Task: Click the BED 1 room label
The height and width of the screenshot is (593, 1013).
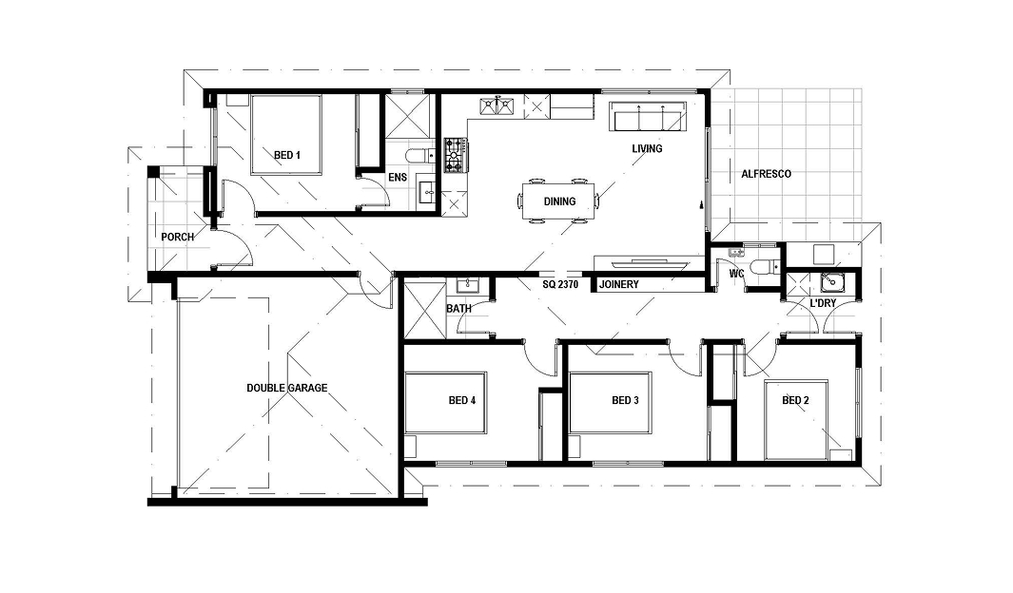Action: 287,155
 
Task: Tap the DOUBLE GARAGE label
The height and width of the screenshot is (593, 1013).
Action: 287,388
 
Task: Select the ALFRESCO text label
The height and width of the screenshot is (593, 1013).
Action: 766,174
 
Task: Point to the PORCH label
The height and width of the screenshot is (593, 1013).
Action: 178,237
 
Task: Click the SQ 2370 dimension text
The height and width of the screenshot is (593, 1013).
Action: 560,284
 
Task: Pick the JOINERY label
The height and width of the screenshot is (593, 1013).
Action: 619,284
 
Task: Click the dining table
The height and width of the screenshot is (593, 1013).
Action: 559,201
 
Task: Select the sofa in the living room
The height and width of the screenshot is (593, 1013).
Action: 649,116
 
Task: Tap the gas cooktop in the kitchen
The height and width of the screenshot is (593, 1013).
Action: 456,156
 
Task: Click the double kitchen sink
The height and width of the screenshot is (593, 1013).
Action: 497,105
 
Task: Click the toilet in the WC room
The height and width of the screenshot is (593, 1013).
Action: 765,266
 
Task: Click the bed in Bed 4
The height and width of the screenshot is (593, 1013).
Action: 445,402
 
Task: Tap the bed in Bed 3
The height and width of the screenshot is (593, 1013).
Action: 610,402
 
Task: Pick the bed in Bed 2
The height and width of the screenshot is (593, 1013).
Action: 796,419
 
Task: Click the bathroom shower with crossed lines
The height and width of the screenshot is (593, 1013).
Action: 424,309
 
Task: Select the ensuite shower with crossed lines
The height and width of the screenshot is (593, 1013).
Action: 408,116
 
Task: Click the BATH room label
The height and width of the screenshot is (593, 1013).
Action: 458,309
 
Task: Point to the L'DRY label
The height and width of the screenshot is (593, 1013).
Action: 823,303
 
